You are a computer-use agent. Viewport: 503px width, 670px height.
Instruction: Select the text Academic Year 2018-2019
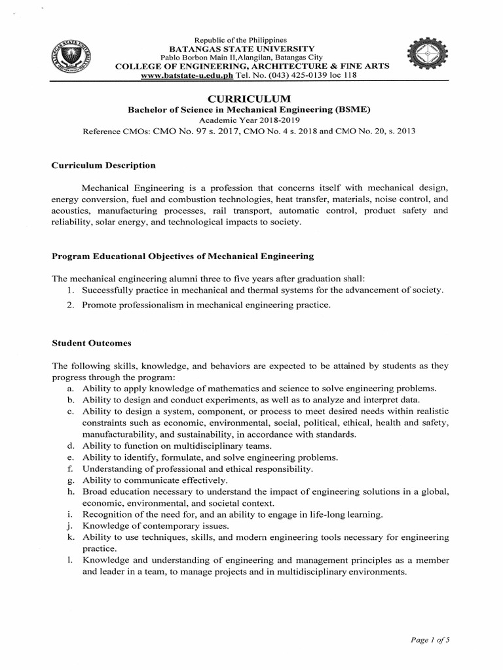tap(251, 120)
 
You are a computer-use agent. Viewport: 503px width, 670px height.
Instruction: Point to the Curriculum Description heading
tap(103, 166)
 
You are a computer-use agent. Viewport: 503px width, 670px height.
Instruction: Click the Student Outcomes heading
tap(92, 343)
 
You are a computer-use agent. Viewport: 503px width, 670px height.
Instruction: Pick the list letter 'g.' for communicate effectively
tap(69, 480)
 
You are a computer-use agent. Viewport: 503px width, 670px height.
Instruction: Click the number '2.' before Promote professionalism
tap(71, 306)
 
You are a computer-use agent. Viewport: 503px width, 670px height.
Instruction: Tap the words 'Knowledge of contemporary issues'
tap(155, 526)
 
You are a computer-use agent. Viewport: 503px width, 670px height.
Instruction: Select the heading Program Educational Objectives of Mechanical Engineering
tap(183, 256)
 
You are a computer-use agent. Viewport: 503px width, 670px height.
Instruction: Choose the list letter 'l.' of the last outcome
tap(69, 560)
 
